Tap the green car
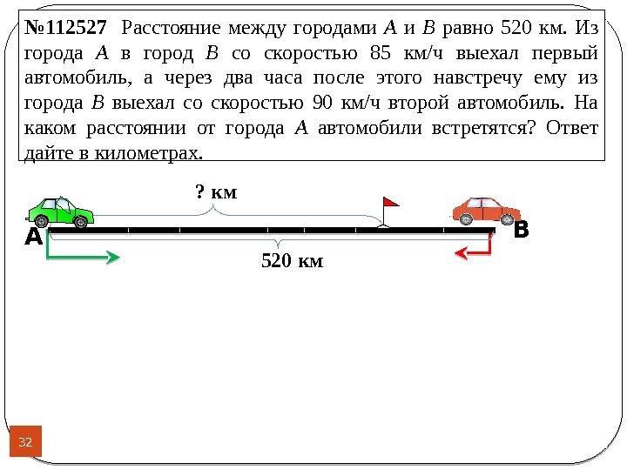tap(60, 211)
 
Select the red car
tap(486, 210)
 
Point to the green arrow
tap(84, 256)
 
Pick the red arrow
tap(474, 252)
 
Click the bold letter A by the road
tap(33, 238)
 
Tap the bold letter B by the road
tap(521, 232)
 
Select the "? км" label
tap(216, 190)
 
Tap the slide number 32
tap(25, 444)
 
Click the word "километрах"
tap(153, 154)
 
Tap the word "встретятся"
tap(469, 130)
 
